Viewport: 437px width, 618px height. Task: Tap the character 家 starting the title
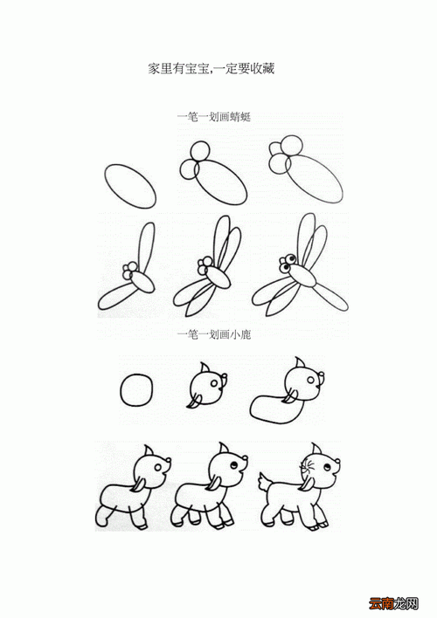tap(154, 68)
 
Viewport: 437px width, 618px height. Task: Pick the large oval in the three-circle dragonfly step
tap(311, 180)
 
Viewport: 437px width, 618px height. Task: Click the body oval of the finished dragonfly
tap(305, 275)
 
